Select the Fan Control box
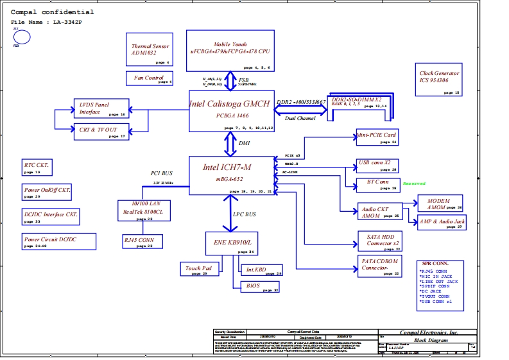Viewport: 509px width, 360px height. [x=149, y=78]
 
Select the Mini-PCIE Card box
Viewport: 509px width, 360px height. [x=377, y=137]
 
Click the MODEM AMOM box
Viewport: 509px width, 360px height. [x=440, y=203]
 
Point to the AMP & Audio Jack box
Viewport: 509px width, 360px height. [x=441, y=223]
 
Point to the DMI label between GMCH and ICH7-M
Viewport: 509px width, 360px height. [x=245, y=144]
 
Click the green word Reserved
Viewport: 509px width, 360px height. [x=414, y=184]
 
